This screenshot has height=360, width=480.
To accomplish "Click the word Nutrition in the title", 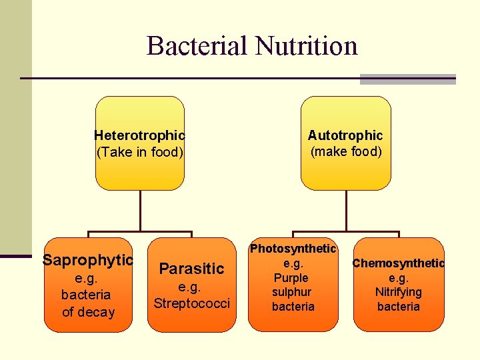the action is (x=307, y=46).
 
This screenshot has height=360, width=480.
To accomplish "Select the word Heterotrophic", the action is (x=139, y=136).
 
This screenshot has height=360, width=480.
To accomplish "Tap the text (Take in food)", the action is (x=139, y=152).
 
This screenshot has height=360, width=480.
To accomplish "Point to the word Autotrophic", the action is (x=345, y=136).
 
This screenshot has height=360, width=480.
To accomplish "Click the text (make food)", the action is (x=346, y=151).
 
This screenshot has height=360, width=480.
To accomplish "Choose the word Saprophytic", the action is (x=88, y=260).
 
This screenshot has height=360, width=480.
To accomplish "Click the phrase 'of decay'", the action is (x=88, y=312).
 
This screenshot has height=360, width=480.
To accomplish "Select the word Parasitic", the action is (x=191, y=269).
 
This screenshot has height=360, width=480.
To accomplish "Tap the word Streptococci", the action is (x=191, y=304).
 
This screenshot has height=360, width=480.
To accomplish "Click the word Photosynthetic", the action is (x=293, y=249).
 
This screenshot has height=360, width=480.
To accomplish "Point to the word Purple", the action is (x=291, y=278).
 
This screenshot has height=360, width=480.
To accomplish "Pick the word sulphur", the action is (x=291, y=292).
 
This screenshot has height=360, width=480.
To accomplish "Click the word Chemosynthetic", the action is (x=399, y=263).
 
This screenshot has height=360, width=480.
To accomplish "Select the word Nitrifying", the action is (x=399, y=292).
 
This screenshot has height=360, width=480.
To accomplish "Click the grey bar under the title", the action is (x=407, y=79).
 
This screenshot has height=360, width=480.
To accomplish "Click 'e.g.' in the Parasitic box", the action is (x=191, y=287).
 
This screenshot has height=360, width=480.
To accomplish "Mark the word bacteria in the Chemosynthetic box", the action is (x=399, y=307).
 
